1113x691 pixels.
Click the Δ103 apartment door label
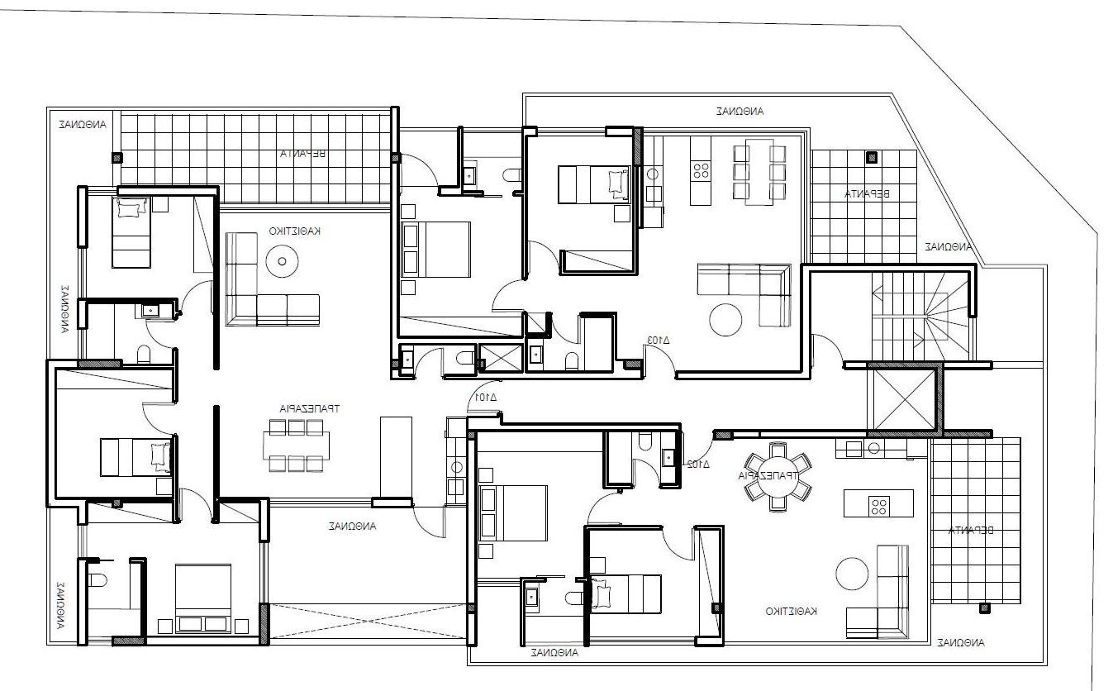tap(658, 340)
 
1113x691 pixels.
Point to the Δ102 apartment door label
tap(699, 464)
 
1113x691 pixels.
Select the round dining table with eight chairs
tap(778, 477)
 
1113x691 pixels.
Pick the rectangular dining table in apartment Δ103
tap(759, 171)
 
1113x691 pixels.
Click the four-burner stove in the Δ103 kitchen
tap(702, 171)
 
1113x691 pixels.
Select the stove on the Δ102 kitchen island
tap(878, 503)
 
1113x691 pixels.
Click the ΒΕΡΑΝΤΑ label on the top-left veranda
tap(304, 154)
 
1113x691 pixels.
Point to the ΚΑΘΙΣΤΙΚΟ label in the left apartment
tap(294, 231)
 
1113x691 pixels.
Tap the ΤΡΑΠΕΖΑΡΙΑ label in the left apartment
tap(309, 408)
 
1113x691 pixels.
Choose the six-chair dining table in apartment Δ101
tap(296, 446)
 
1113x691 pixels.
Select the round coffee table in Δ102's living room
tap(851, 573)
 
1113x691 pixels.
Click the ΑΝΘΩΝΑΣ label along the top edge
tap(740, 110)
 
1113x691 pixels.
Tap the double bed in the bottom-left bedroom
tap(203, 598)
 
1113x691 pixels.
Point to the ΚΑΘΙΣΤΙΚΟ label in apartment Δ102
tap(791, 611)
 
